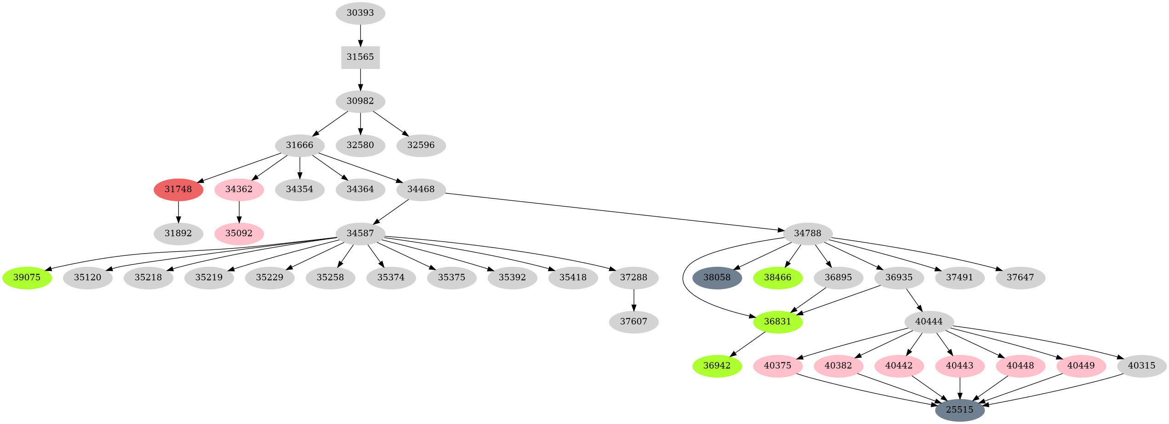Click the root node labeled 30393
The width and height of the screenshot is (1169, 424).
coord(360,13)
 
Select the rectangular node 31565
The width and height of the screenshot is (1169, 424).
coord(360,57)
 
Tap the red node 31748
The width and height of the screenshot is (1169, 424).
coord(178,189)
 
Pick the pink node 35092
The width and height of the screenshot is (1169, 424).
coord(239,233)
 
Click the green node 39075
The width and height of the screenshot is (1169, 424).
coord(27,277)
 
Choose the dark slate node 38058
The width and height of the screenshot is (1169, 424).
coord(717,277)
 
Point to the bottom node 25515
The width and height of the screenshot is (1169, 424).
coord(959,409)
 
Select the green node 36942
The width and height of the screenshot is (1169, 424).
coord(717,366)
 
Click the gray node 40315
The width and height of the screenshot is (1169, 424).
coord(1141,366)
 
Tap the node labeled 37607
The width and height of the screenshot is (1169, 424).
coord(633,322)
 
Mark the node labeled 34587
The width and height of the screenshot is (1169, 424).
coord(360,233)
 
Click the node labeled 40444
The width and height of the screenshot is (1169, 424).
coord(929,322)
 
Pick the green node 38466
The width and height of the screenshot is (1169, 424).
coord(777,277)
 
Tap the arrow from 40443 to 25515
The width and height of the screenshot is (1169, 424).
coord(960,387)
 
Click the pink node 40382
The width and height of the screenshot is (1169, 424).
coord(838,366)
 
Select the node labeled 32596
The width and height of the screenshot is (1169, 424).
coord(421,145)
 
